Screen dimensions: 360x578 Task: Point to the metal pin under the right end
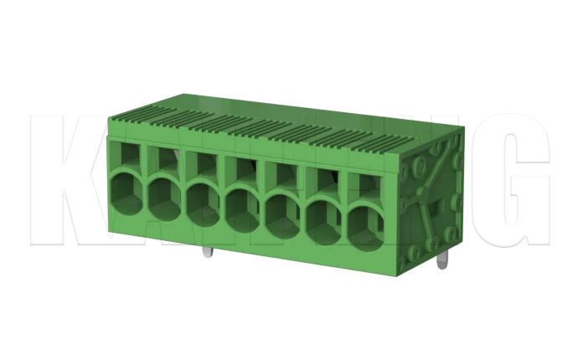441,263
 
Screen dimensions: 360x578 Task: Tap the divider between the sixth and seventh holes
343,213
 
